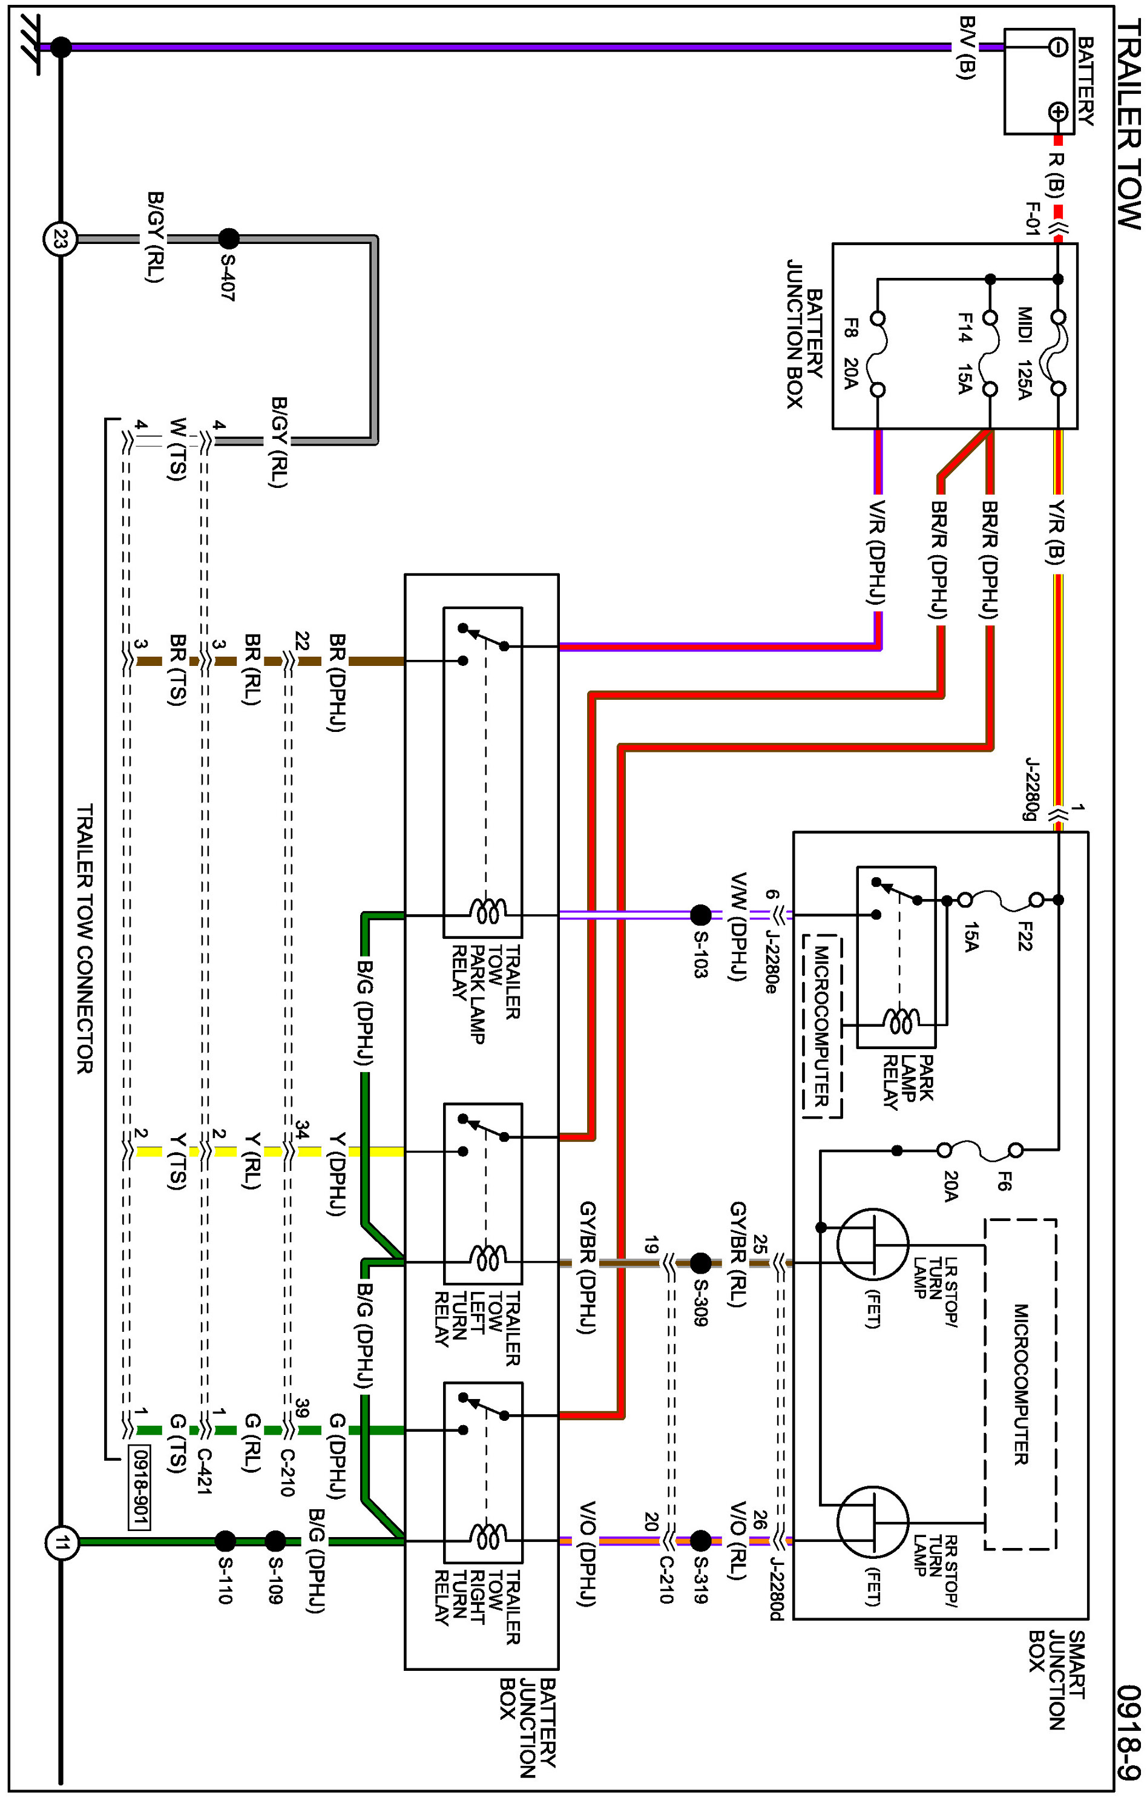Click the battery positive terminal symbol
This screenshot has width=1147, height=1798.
[x=1057, y=112]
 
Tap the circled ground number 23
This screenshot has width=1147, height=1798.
[x=61, y=240]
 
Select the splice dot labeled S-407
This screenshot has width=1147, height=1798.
[x=229, y=239]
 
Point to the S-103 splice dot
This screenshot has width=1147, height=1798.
[x=700, y=915]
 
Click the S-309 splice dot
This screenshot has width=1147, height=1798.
[x=700, y=1263]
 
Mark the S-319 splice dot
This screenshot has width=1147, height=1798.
[x=700, y=1540]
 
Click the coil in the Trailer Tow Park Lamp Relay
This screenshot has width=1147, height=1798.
[x=488, y=912]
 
